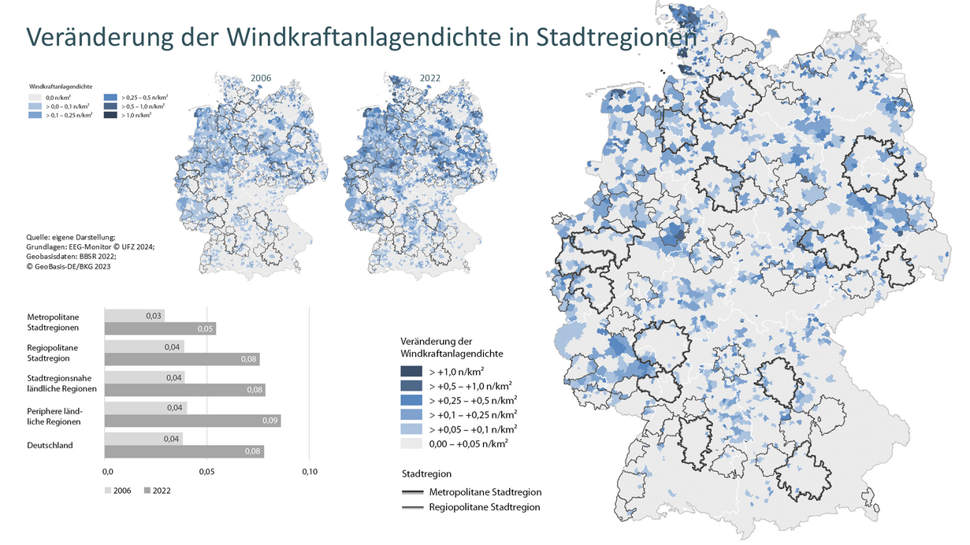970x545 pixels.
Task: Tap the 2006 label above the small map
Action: (261, 79)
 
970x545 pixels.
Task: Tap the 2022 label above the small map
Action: (430, 79)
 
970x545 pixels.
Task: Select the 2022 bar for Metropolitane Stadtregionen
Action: (160, 328)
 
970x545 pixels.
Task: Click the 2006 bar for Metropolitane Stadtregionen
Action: (134, 315)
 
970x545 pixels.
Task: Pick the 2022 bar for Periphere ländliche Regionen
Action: (192, 421)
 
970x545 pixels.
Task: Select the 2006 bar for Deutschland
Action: (143, 439)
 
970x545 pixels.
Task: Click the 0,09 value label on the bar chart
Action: (269, 421)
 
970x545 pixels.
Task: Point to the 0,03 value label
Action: (154, 315)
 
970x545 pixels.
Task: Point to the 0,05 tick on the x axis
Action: (206, 472)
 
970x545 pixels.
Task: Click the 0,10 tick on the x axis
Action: (309, 472)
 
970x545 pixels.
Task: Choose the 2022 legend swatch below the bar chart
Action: (147, 490)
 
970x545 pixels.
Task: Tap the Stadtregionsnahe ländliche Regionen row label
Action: (61, 383)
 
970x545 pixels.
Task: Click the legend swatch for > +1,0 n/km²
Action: (411, 371)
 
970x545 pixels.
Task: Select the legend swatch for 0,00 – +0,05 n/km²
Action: (411, 443)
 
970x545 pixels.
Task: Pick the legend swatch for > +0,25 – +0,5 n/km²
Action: (411, 400)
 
